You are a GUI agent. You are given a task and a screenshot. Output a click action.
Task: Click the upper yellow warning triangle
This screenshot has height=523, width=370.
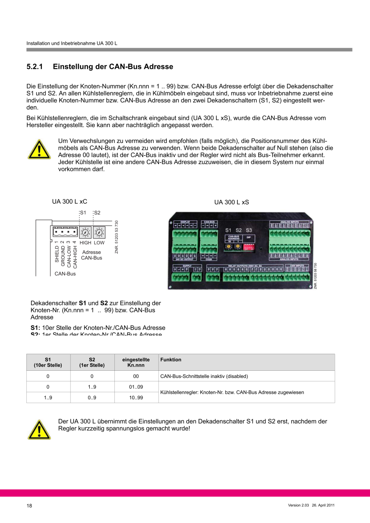[x=39, y=149]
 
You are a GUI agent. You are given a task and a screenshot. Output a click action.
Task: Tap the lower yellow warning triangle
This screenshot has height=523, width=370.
[x=39, y=429]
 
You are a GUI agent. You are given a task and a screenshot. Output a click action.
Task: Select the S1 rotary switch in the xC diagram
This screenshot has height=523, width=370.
[x=85, y=233]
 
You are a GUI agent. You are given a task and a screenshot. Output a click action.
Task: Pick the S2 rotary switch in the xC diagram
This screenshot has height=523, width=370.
[x=99, y=233]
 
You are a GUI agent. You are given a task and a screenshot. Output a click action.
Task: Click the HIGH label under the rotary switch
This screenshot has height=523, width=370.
[x=85, y=243]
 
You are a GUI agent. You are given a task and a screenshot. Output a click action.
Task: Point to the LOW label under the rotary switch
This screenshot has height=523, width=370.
[x=99, y=243]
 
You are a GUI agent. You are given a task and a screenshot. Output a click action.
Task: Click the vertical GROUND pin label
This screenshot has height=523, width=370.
[x=63, y=254]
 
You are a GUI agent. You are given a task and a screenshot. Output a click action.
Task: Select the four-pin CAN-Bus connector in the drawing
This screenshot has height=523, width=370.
[x=65, y=232]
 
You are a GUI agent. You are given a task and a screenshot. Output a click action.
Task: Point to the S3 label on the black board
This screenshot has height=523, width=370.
[x=249, y=230]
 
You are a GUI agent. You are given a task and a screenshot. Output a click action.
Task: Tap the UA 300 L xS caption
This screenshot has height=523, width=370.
[x=231, y=202]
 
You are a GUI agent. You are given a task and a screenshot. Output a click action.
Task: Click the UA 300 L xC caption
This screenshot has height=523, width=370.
[x=70, y=202]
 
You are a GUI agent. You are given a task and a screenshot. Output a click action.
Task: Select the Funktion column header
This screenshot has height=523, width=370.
[x=171, y=360]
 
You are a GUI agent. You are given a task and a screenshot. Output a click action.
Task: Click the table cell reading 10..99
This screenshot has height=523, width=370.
[x=136, y=398]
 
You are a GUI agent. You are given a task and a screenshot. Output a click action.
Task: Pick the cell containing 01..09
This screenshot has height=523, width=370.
[x=136, y=387]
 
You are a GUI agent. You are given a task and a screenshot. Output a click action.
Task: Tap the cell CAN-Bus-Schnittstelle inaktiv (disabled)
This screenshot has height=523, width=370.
[x=204, y=376]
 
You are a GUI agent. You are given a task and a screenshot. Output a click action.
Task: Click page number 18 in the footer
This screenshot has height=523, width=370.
[x=29, y=506]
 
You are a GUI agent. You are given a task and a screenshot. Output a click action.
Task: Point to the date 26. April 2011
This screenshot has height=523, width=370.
[x=323, y=505]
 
